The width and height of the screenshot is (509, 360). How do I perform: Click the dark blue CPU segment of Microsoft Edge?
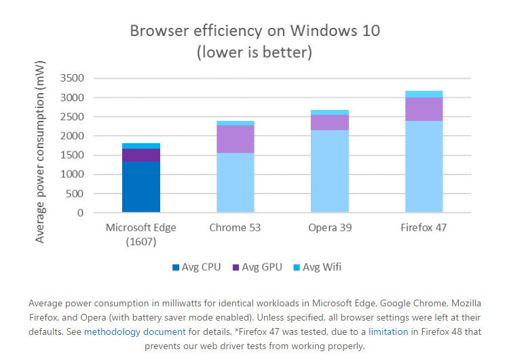point(141,187)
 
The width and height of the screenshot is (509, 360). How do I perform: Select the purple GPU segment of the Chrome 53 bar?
point(235,139)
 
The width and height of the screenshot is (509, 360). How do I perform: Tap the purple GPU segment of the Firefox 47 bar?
point(424,109)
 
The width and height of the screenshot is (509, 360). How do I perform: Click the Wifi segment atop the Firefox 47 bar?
point(424,94)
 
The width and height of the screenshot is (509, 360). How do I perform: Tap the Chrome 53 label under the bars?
point(235,227)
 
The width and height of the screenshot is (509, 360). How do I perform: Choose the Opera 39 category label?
point(330,227)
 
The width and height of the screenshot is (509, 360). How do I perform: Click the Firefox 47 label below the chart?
point(424,227)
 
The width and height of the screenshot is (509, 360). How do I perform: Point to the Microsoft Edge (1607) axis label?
point(141,233)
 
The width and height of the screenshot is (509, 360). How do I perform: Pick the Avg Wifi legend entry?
point(318,267)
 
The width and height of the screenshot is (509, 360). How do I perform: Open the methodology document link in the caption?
point(134,332)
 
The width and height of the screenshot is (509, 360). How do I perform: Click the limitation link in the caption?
point(388,332)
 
